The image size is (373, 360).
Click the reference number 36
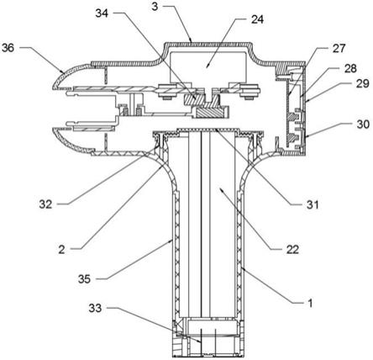pyautogui.click(x=8, y=48)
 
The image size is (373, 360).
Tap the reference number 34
pyautogui.click(x=102, y=13)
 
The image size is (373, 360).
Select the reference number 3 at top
pyautogui.click(x=155, y=6)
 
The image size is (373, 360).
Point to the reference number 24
pyautogui.click(x=257, y=19)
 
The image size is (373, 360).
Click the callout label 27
pyautogui.click(x=339, y=48)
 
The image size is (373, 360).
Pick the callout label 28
pyautogui.click(x=350, y=68)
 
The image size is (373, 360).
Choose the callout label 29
pyautogui.click(x=363, y=84)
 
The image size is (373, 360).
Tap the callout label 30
pyautogui.click(x=363, y=124)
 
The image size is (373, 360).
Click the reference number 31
pyautogui.click(x=313, y=204)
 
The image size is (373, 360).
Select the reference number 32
pyautogui.click(x=45, y=204)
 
